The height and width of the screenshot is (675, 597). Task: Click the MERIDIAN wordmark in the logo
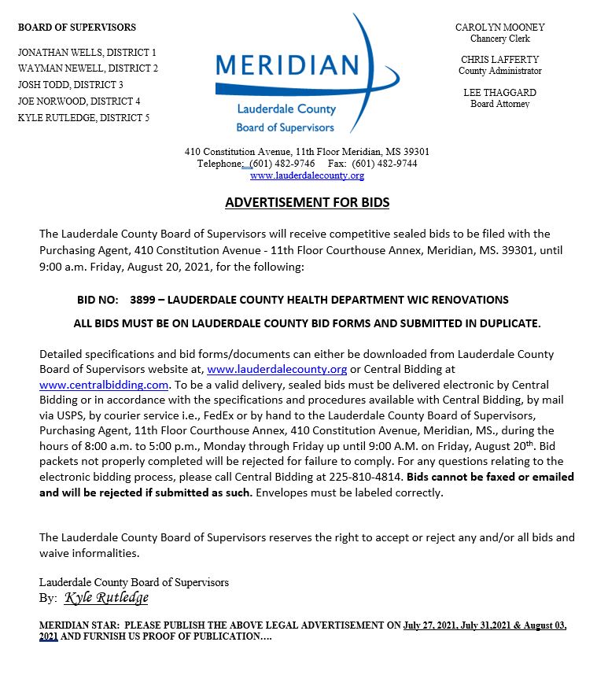(x=286, y=66)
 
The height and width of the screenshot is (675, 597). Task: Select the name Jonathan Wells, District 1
(x=87, y=52)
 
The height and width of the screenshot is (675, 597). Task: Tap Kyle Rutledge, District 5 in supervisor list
(x=83, y=118)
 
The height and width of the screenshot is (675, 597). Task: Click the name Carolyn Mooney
(x=499, y=28)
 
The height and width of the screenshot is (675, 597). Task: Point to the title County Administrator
(x=499, y=71)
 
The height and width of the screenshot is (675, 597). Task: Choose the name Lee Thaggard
(x=499, y=93)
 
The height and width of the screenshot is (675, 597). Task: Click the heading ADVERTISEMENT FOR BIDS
(x=307, y=203)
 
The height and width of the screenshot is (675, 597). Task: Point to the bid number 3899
(x=142, y=300)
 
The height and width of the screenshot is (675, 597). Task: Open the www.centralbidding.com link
(x=104, y=385)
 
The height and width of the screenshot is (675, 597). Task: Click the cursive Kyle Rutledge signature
(x=106, y=598)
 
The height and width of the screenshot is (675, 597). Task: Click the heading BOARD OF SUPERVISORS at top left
(x=76, y=28)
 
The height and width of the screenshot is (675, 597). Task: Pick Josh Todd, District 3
(x=71, y=85)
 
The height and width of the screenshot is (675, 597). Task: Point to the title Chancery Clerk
(x=499, y=39)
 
